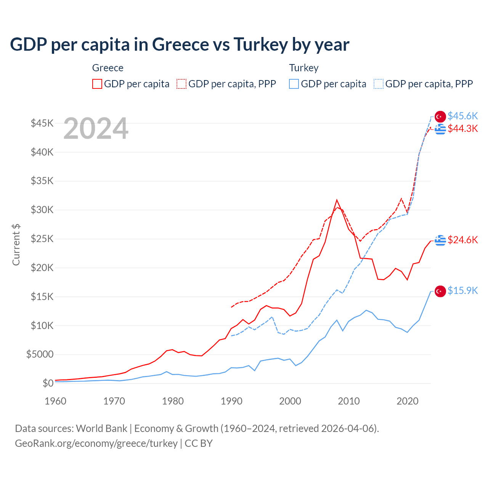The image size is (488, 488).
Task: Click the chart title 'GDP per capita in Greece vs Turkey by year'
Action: [x=179, y=45]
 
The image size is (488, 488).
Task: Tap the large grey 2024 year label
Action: [x=96, y=129]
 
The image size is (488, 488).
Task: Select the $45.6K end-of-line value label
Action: [x=462, y=116]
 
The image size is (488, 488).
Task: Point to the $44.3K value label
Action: [x=462, y=129]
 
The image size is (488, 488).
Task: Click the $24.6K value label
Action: [x=462, y=240]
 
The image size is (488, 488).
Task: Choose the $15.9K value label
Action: [x=462, y=291]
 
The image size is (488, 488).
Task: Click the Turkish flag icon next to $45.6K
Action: [x=440, y=117]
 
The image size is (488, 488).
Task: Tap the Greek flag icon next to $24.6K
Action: [x=440, y=240]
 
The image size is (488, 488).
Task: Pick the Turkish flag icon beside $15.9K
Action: [x=440, y=291]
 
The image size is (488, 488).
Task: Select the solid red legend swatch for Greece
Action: [x=97, y=84]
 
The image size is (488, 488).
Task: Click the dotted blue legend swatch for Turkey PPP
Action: [x=379, y=84]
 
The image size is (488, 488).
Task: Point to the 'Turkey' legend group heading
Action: [x=303, y=68]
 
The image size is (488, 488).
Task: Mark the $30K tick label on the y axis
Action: [x=42, y=210]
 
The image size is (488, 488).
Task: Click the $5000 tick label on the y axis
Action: [x=40, y=354]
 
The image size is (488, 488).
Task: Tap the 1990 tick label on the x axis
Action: [x=231, y=401]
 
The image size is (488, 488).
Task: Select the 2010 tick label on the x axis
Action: [x=349, y=401]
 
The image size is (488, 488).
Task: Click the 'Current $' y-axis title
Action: [x=16, y=245]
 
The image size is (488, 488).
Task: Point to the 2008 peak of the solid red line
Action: [x=337, y=200]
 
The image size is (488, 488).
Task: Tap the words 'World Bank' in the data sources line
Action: [x=101, y=429]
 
